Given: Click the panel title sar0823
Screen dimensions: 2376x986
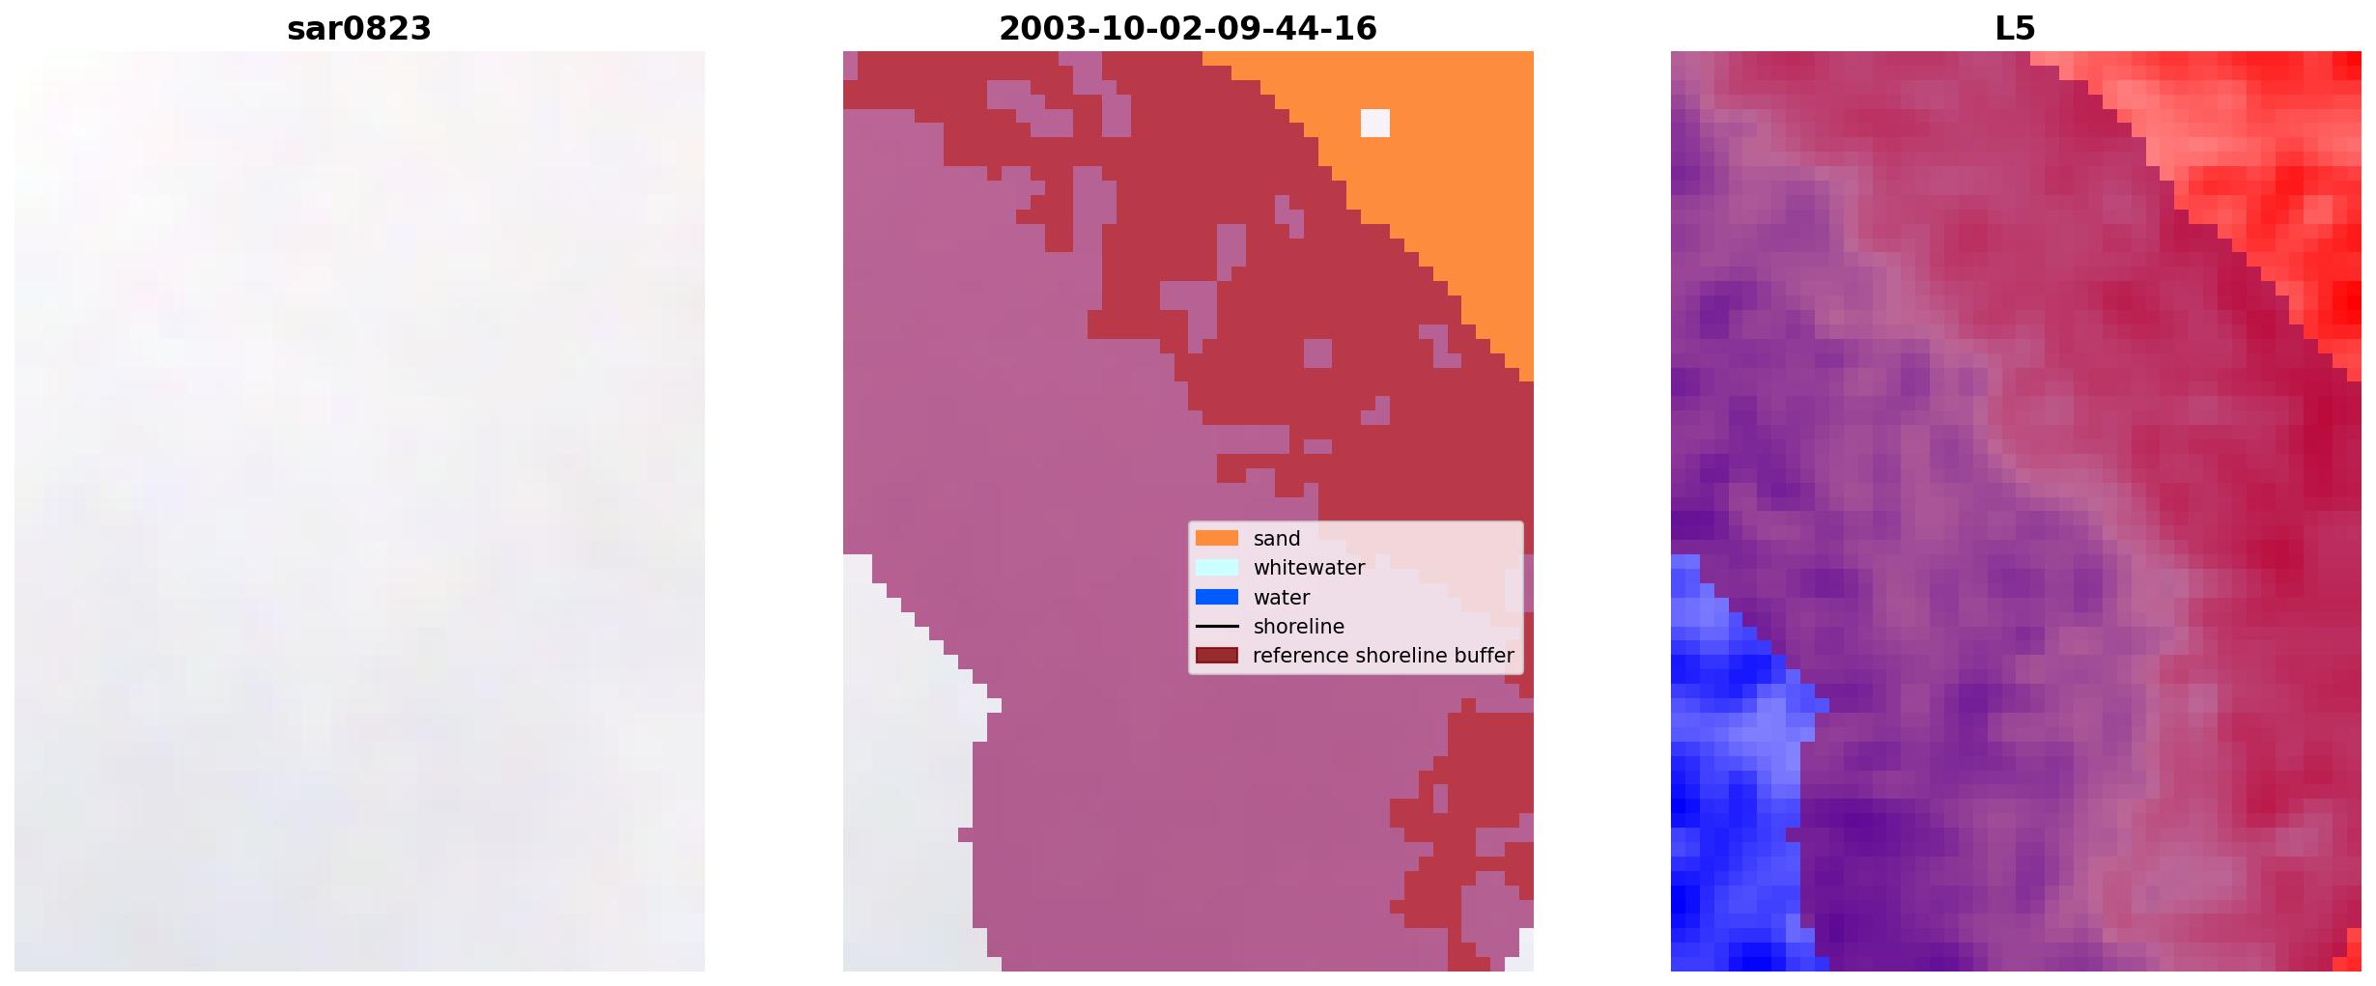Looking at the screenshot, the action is (x=358, y=29).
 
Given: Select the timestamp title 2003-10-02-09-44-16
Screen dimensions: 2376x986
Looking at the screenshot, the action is (x=1187, y=29).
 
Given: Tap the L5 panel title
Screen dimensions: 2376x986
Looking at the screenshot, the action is (x=2015, y=29).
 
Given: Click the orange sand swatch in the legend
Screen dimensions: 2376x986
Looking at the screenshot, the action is (x=1217, y=538).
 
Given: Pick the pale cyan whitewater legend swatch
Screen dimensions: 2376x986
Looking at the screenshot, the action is (x=1217, y=568).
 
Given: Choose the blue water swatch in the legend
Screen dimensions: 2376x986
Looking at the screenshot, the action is (x=1217, y=597).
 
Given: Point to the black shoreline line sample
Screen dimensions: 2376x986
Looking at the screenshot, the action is (x=1217, y=627).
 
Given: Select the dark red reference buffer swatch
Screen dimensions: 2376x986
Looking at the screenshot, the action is (x=1217, y=656).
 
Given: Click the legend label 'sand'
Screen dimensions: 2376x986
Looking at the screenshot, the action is (x=1277, y=539).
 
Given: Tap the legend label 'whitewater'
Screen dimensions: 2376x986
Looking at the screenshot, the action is (x=1309, y=568).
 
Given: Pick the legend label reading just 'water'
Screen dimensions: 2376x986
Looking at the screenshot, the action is (x=1282, y=598).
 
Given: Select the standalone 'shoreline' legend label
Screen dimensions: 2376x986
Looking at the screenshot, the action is (x=1299, y=627).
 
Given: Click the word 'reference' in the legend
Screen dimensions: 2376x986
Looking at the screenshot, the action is (x=1301, y=656).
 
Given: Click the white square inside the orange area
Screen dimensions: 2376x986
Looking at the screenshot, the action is (x=1375, y=123).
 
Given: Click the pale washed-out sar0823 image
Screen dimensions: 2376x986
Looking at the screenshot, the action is (x=359, y=511).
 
